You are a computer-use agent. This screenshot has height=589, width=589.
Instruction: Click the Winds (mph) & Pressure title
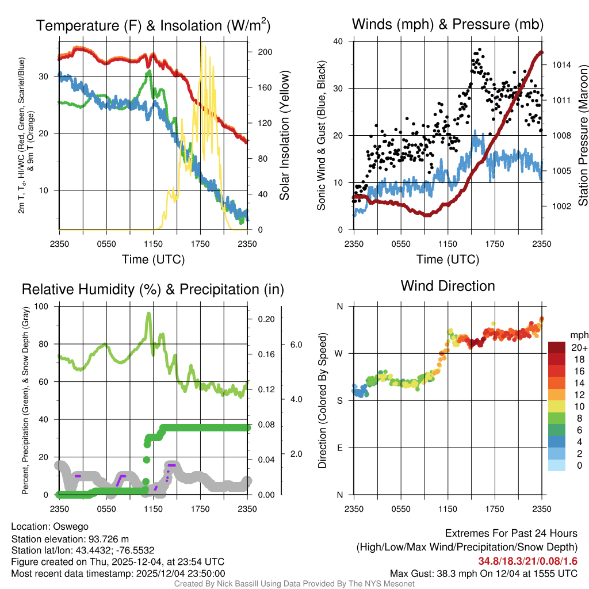pos(448,24)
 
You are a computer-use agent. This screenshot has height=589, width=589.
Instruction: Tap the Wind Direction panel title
pos(448,286)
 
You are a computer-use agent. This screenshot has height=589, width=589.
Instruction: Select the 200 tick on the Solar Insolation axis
pos(265,52)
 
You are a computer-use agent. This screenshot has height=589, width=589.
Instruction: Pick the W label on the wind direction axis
pos(339,353)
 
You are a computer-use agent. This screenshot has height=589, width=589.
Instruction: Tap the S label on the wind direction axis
pos(340,400)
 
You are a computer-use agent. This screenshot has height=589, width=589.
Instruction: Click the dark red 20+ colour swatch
pos(558,348)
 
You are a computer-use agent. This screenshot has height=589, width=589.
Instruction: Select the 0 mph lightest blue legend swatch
pos(558,465)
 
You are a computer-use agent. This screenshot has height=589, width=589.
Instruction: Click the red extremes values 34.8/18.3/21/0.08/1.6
pos(527,561)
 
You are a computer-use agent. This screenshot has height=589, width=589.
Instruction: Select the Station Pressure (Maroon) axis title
pos(582,136)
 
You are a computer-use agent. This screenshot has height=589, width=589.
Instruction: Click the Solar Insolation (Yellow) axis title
pos(285,136)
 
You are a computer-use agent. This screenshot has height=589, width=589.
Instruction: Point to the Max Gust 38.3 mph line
pos(483,573)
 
